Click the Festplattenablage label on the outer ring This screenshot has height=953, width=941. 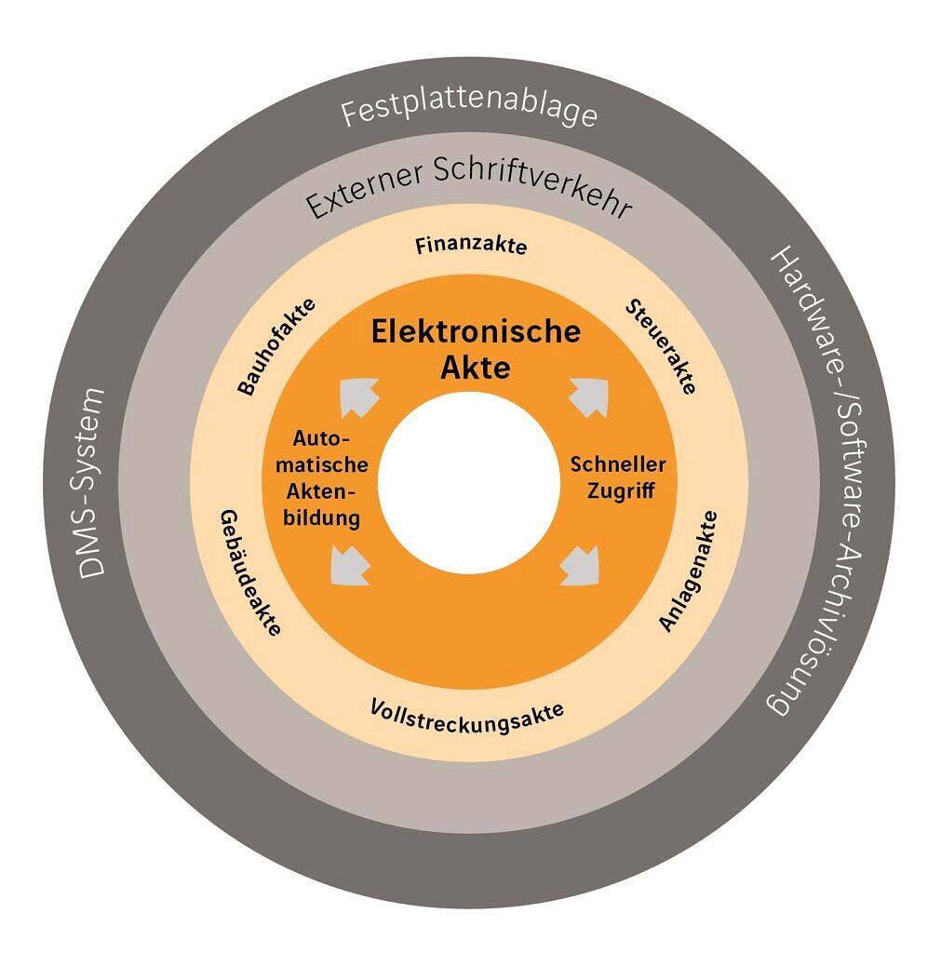[469, 111]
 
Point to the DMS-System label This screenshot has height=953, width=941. [91, 483]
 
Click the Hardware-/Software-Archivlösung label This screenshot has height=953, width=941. [821, 480]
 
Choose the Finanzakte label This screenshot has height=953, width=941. [471, 246]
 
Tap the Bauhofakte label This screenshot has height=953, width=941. [276, 346]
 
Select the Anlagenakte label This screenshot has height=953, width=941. [689, 571]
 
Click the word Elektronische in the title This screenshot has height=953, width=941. [476, 332]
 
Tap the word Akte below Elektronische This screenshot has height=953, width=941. [476, 367]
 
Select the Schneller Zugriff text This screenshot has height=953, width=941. [618, 477]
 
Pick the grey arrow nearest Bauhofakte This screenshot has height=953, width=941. [359, 396]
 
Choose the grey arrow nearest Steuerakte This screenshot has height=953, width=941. [589, 397]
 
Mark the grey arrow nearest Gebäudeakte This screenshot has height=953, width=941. [350, 565]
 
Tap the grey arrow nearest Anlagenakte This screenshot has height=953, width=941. [580, 565]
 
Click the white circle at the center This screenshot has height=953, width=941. [469, 483]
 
